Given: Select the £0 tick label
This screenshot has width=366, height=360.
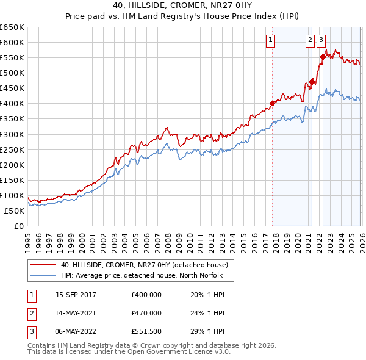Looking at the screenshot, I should click(x=18, y=226).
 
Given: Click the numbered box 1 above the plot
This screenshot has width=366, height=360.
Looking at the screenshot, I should click(x=270, y=41).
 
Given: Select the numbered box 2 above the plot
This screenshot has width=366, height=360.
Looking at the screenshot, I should click(x=309, y=41).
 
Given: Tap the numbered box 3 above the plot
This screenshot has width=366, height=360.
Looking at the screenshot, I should click(x=321, y=41).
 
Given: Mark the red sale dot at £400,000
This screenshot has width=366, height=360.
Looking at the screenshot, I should click(x=272, y=103).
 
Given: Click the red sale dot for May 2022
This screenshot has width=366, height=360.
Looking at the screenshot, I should click(x=322, y=57).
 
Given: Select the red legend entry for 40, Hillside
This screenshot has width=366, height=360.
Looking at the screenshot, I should click(x=144, y=265).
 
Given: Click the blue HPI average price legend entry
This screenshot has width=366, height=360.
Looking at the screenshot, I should click(x=142, y=275).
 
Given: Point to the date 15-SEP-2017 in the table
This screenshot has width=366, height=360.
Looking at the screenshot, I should click(x=76, y=295).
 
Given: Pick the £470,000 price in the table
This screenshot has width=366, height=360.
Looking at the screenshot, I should click(x=146, y=313).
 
